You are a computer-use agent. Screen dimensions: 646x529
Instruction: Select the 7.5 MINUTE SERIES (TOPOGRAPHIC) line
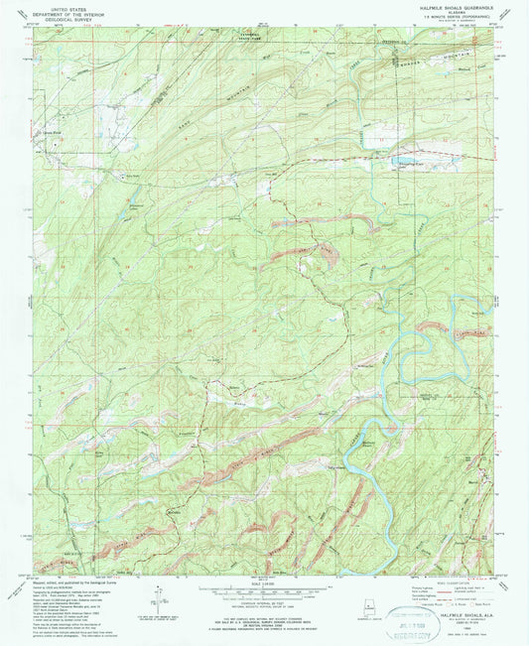(x=456, y=19)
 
